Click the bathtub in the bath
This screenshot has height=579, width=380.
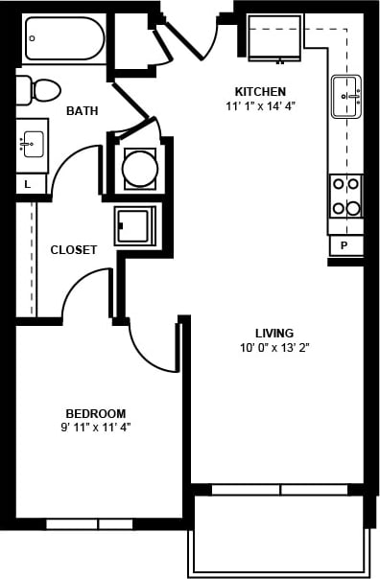[x=64, y=38]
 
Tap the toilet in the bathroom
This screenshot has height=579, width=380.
[x=40, y=90]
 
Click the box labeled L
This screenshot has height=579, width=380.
[x=28, y=183]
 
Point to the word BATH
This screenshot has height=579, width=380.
[x=82, y=111]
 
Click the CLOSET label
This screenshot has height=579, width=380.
[x=74, y=250]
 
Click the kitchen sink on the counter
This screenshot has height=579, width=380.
[x=346, y=95]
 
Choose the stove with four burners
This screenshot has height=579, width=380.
[x=346, y=196]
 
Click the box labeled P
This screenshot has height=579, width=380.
[x=345, y=246]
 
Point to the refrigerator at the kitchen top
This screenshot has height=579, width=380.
[x=274, y=37]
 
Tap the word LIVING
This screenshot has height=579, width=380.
[x=274, y=333]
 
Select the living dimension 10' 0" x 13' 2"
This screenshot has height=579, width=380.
[x=274, y=348]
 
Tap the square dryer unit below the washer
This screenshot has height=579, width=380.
[x=134, y=225]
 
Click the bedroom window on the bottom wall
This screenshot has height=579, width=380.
[x=89, y=523]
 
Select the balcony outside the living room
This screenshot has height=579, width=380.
[x=278, y=535]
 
